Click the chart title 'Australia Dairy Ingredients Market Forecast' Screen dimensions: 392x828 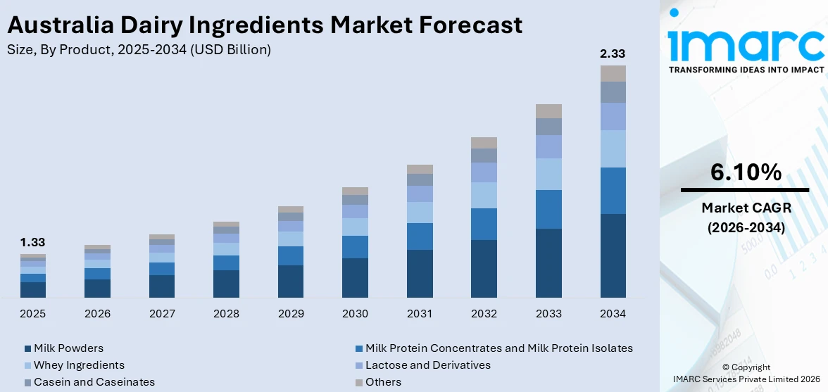coord(264,25)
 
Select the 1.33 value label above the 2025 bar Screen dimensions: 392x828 coord(32,242)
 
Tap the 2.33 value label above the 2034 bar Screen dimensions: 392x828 coord(612,53)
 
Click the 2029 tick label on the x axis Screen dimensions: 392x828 coord(291,314)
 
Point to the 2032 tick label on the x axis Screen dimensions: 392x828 coord(484,314)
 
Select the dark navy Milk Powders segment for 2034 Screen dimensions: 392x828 coord(613,255)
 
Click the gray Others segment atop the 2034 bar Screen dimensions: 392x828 coord(613,73)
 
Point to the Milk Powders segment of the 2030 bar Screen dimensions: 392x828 coord(355,278)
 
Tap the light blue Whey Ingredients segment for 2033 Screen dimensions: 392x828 coord(548,174)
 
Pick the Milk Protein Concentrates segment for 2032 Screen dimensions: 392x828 coord(484,224)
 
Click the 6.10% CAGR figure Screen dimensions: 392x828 coord(745,172)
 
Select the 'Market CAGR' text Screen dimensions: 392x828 coord(745,208)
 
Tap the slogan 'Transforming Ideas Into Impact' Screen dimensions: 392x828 coord(745,70)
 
